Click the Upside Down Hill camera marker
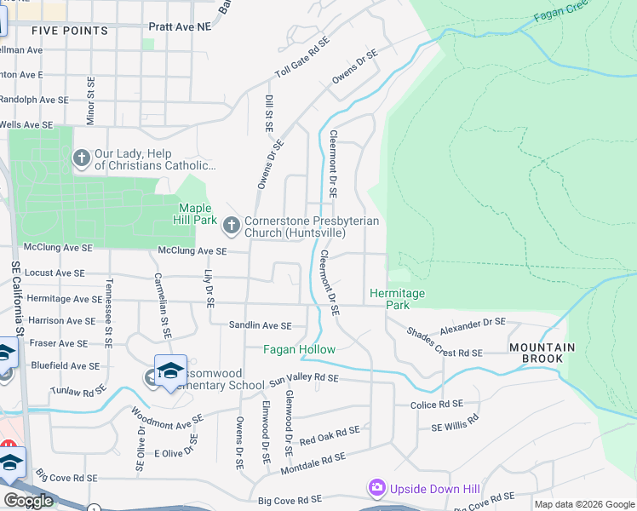point(376,488)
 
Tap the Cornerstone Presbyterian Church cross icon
point(231,226)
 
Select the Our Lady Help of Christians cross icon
point(82,158)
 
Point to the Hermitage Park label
point(397,299)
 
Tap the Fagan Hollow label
point(299,350)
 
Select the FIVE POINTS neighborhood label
point(70,31)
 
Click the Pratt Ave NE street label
point(179,27)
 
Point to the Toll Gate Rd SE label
point(301,58)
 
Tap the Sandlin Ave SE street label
point(260,325)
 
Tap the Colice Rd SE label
point(436,405)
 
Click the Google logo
point(28,501)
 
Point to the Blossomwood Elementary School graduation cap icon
point(170,370)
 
